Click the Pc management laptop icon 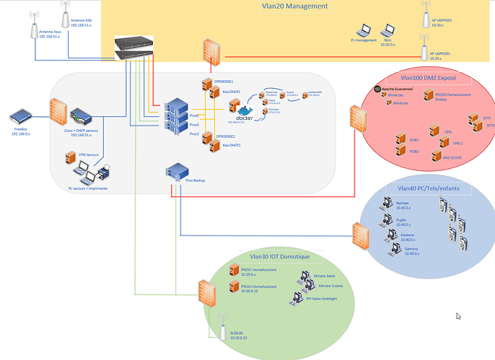[365, 30]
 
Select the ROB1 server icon [401, 139]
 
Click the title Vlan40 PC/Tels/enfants [428, 188]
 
